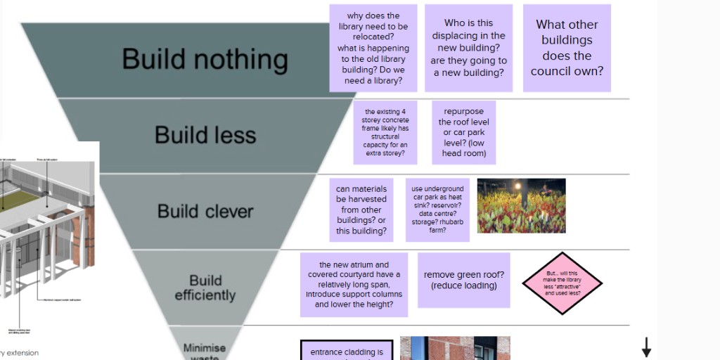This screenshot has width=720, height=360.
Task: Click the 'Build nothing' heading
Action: [x=205, y=59]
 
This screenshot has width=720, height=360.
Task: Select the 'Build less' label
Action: [x=205, y=135]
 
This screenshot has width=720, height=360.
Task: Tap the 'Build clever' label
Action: [x=205, y=211]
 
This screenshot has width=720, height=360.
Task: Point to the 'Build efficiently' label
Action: [x=205, y=288]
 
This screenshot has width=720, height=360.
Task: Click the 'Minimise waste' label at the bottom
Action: [x=205, y=350]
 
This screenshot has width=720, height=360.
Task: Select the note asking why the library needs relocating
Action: [x=373, y=48]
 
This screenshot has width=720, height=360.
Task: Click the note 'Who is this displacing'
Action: [x=469, y=48]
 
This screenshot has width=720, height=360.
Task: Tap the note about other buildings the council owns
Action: [x=567, y=48]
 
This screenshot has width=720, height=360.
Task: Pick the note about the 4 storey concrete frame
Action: [x=385, y=132]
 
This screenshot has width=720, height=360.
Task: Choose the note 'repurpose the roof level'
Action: [x=464, y=132]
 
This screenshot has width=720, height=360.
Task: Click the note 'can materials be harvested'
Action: [x=361, y=210]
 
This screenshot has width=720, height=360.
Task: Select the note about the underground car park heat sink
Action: [x=437, y=210]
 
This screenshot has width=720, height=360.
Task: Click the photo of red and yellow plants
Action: [x=521, y=205]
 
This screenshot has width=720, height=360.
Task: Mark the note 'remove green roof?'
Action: [x=464, y=280]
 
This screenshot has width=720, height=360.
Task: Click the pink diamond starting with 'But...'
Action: [x=562, y=283]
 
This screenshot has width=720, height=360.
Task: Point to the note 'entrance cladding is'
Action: [x=347, y=351]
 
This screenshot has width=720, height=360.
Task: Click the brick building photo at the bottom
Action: [x=455, y=348]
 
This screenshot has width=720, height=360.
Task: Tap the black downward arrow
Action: [x=646, y=347]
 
